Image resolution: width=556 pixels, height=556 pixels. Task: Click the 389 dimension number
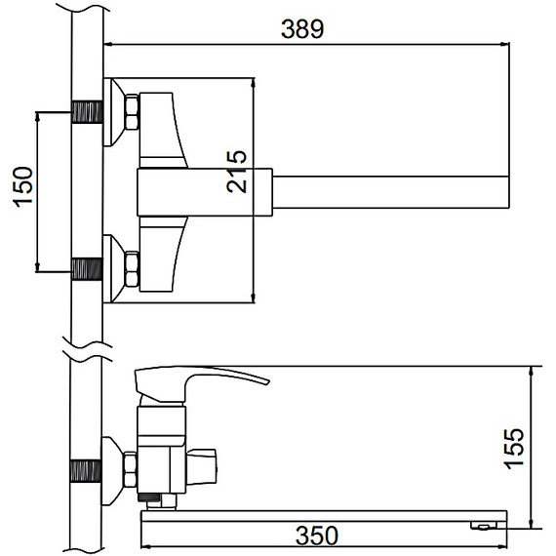pyautogui.click(x=302, y=29)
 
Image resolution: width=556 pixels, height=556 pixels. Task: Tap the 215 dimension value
pyautogui.click(x=236, y=172)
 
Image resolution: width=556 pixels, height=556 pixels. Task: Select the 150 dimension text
pyautogui.click(x=23, y=187)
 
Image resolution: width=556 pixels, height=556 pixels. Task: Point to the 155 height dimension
pyautogui.click(x=514, y=450)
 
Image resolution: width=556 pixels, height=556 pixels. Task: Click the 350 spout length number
pyautogui.click(x=317, y=536)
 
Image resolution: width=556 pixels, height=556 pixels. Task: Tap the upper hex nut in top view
pyautogui.click(x=132, y=112)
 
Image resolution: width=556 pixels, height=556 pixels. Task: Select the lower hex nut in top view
pyautogui.click(x=132, y=269)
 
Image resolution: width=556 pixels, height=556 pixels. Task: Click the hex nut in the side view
pyautogui.click(x=130, y=470)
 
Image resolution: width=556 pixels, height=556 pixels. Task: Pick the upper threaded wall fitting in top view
pyautogui.click(x=87, y=112)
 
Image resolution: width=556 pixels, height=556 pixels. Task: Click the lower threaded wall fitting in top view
pyautogui.click(x=87, y=269)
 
